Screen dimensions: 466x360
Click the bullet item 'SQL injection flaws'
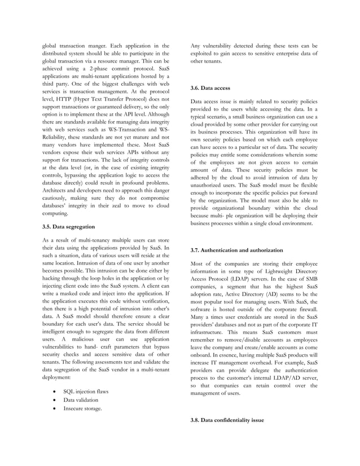click(x=85, y=391)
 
